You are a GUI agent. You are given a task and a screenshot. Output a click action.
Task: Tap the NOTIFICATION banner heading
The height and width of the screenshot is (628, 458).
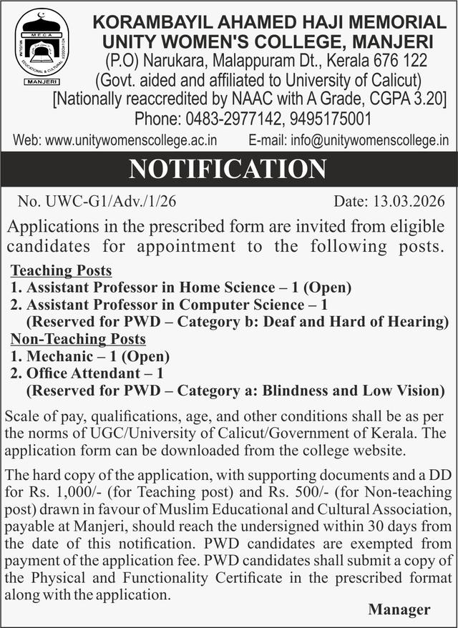coord(227,170)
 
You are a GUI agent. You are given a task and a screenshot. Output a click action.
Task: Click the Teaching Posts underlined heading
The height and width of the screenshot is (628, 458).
coord(62,271)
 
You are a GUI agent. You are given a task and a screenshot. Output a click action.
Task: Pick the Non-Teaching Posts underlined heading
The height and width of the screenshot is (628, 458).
coord(78,339)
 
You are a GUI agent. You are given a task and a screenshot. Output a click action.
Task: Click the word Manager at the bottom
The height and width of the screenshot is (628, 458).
coord(399,609)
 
